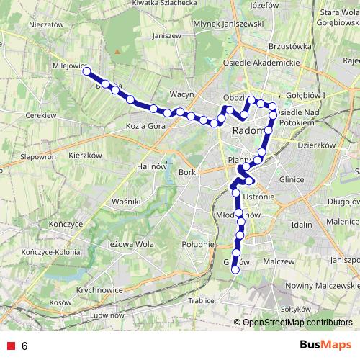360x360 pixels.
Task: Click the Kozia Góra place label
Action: tap(145, 126)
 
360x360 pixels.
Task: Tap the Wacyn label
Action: tap(179, 94)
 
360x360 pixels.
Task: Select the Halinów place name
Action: tap(152, 166)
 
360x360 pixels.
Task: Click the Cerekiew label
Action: tap(40, 115)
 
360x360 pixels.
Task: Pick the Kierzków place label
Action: tap(85, 155)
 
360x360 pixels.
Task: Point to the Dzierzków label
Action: tap(318, 145)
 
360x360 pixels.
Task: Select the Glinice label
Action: tap(294, 181)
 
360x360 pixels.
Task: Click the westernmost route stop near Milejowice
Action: tap(87, 71)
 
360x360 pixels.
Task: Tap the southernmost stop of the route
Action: tap(235, 270)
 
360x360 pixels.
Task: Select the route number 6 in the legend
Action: tap(24, 346)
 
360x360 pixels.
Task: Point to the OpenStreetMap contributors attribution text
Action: tap(297, 323)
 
